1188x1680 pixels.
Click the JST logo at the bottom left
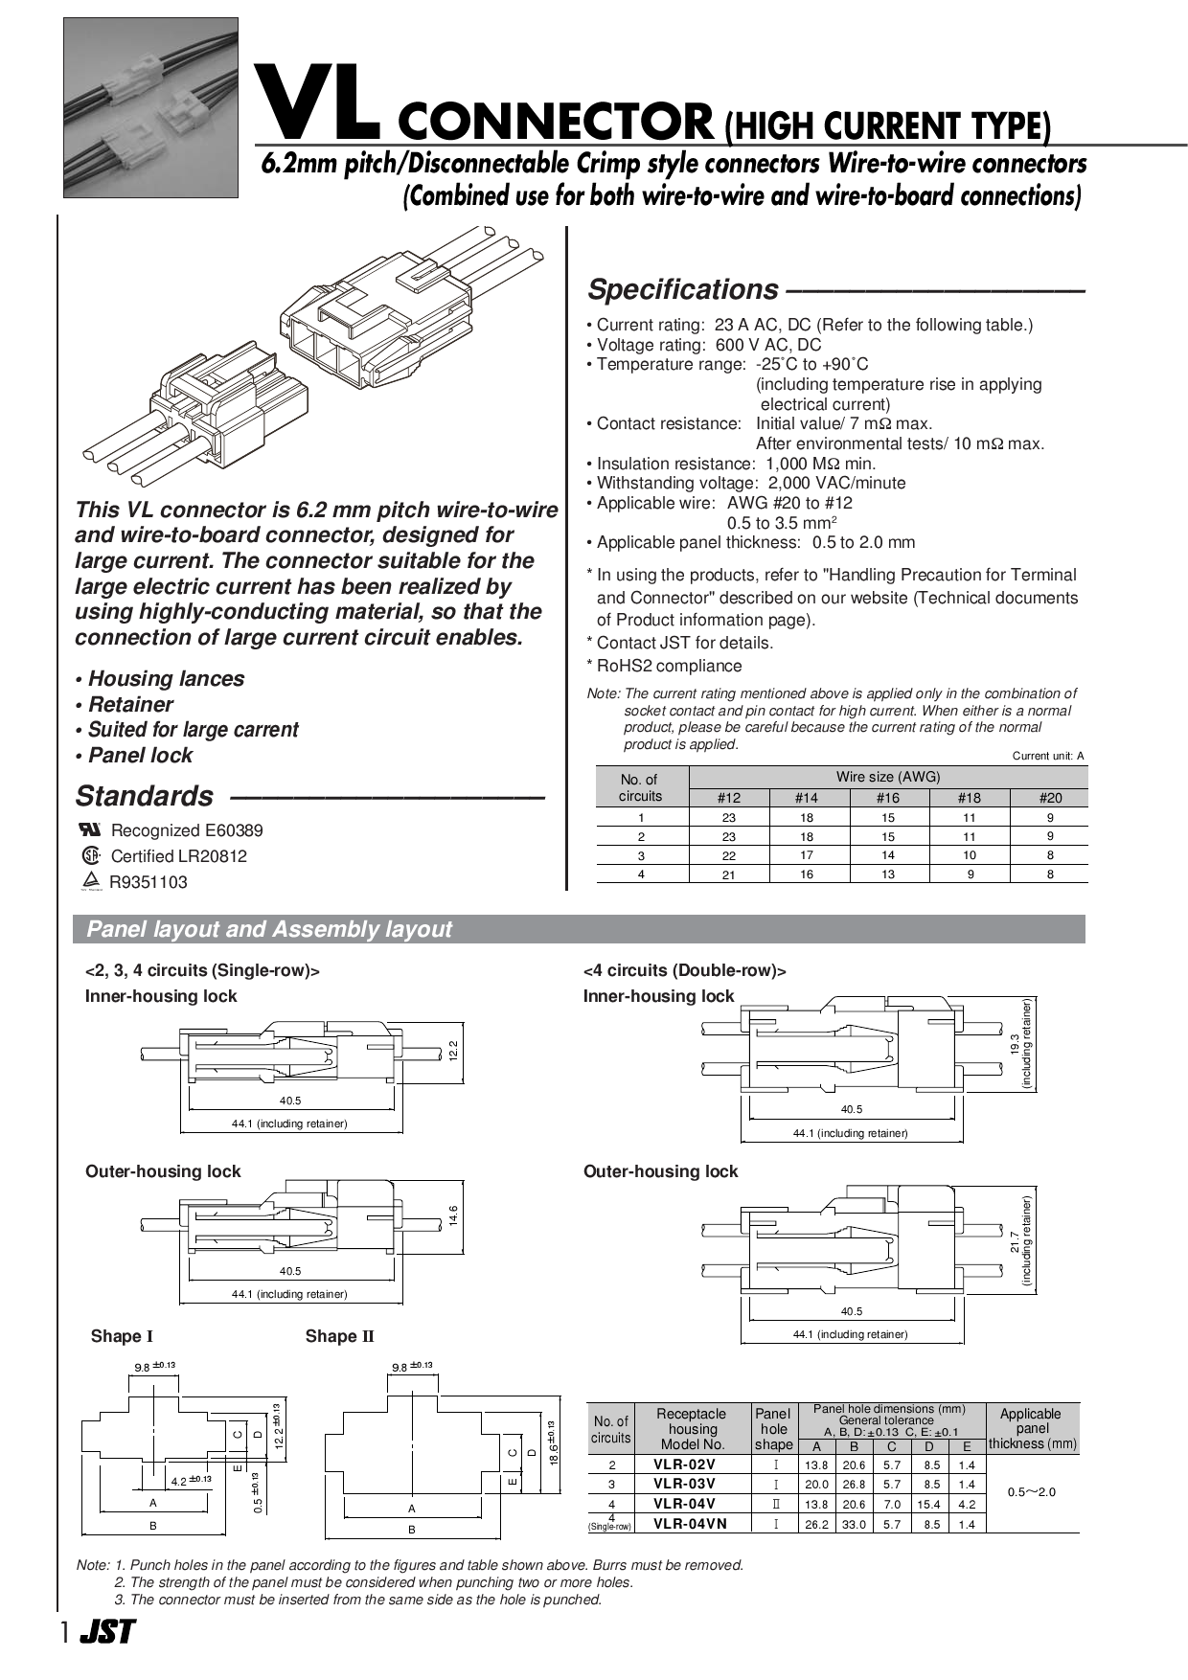point(106,1632)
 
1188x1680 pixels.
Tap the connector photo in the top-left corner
point(150,107)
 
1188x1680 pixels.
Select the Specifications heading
point(683,289)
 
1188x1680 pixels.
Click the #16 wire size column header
point(888,798)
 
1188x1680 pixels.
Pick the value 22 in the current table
point(729,855)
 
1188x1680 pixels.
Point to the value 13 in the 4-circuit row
point(888,874)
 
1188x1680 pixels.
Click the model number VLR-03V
point(684,1484)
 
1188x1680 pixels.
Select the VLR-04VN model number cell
point(690,1524)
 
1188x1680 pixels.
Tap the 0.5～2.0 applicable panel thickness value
point(1032,1492)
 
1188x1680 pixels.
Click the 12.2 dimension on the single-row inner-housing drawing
point(454,1050)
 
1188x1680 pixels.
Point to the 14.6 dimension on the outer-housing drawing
point(454,1215)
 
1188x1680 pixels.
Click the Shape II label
point(339,1336)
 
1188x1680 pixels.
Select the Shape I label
point(122,1336)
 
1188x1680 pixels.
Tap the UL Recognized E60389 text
point(186,830)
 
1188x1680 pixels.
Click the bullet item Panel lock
point(140,756)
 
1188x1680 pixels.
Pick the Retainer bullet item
point(130,705)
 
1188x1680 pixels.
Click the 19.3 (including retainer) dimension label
point(1021,1044)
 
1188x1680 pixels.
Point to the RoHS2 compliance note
point(669,666)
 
